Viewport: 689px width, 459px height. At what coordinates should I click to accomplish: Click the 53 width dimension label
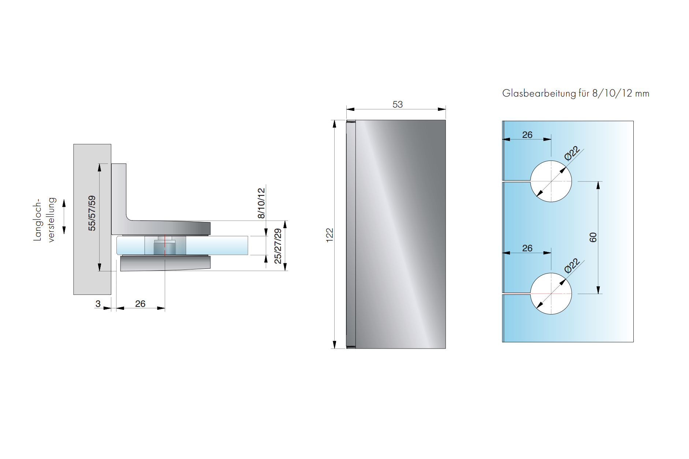point(397,105)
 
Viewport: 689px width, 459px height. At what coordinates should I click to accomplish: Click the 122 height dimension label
point(329,235)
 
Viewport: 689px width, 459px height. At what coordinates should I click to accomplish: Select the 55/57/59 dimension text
point(92,213)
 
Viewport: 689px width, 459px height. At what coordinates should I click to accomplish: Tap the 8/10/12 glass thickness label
point(261,203)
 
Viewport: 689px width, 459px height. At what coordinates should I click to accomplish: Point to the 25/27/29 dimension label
point(278,246)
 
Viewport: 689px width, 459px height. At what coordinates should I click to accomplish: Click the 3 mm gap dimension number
point(98,304)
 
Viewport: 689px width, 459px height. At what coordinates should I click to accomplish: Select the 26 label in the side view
point(140,304)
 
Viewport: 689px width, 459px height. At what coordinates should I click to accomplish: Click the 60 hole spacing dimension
point(593,237)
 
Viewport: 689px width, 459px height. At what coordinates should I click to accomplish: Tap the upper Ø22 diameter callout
point(572,153)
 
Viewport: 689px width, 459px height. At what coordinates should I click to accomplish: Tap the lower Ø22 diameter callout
point(572,266)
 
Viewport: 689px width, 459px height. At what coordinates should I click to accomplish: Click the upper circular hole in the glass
point(551,181)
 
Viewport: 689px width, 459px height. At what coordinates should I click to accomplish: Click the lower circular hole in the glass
point(551,294)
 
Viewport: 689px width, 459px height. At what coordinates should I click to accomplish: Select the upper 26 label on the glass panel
point(527,135)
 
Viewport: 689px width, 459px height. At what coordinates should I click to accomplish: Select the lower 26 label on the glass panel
point(527,248)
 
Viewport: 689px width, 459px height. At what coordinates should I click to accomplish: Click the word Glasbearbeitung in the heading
point(539,94)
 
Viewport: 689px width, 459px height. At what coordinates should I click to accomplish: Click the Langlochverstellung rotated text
point(44,220)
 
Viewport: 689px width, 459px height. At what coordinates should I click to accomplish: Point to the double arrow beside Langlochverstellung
point(64,217)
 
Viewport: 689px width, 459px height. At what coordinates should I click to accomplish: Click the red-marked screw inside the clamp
point(165,246)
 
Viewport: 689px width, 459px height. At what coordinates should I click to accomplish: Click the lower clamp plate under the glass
point(165,263)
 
